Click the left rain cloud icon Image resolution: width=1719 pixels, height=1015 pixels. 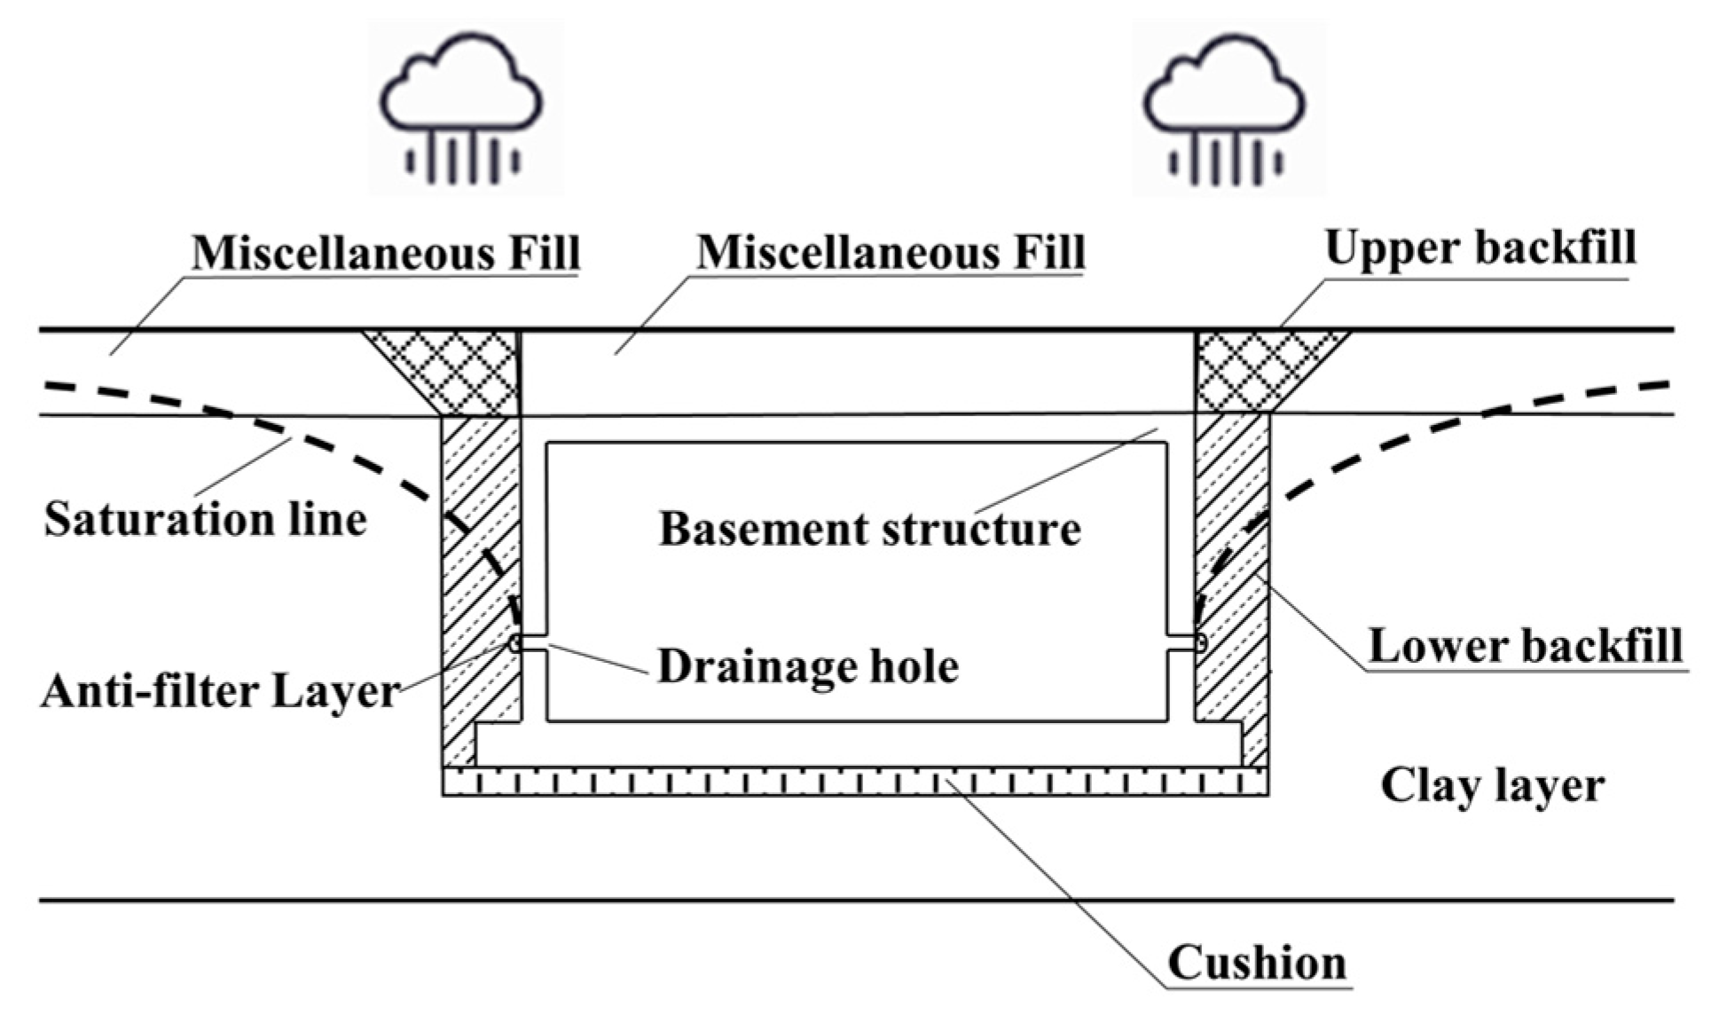point(462,106)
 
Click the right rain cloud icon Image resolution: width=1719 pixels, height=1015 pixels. point(1225,106)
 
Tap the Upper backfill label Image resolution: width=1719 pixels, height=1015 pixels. point(1480,248)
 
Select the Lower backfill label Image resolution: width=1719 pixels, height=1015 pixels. point(1525,645)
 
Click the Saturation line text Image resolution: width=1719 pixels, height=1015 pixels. point(205,519)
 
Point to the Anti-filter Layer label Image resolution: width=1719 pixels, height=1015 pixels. point(220,691)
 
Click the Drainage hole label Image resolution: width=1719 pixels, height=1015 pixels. point(808,666)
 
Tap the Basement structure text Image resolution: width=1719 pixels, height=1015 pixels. point(869,529)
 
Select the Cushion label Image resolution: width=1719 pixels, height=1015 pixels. point(1257,963)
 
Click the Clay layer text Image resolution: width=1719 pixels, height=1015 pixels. point(1493,785)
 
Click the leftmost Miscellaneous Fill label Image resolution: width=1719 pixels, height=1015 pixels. point(386,253)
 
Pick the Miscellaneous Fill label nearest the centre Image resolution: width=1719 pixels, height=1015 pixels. point(891,253)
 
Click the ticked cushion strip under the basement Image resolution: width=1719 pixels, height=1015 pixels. point(854,782)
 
